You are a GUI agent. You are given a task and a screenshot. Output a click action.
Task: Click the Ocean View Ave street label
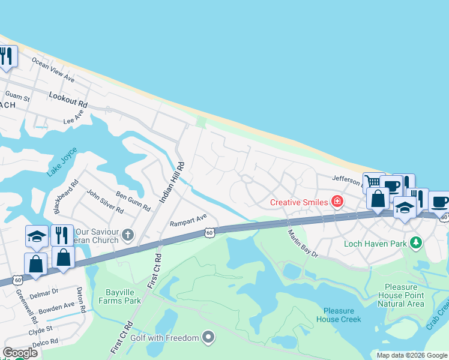tap(53, 70)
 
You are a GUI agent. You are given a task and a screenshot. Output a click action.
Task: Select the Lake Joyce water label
tap(62, 161)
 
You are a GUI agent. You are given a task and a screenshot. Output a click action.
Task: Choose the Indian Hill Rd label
tap(170, 182)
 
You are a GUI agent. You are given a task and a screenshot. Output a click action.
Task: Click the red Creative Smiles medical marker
tap(337, 202)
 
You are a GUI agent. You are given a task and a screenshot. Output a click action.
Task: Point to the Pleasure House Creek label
tap(342, 315)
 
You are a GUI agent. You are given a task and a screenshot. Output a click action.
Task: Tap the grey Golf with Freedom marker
tap(208, 337)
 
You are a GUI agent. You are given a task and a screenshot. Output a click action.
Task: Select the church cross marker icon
tap(127, 233)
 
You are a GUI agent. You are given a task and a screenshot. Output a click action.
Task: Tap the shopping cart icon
tap(372, 181)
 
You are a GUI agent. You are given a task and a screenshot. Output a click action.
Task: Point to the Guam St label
tap(17, 95)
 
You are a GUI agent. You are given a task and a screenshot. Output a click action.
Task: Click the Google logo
tap(20, 352)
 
